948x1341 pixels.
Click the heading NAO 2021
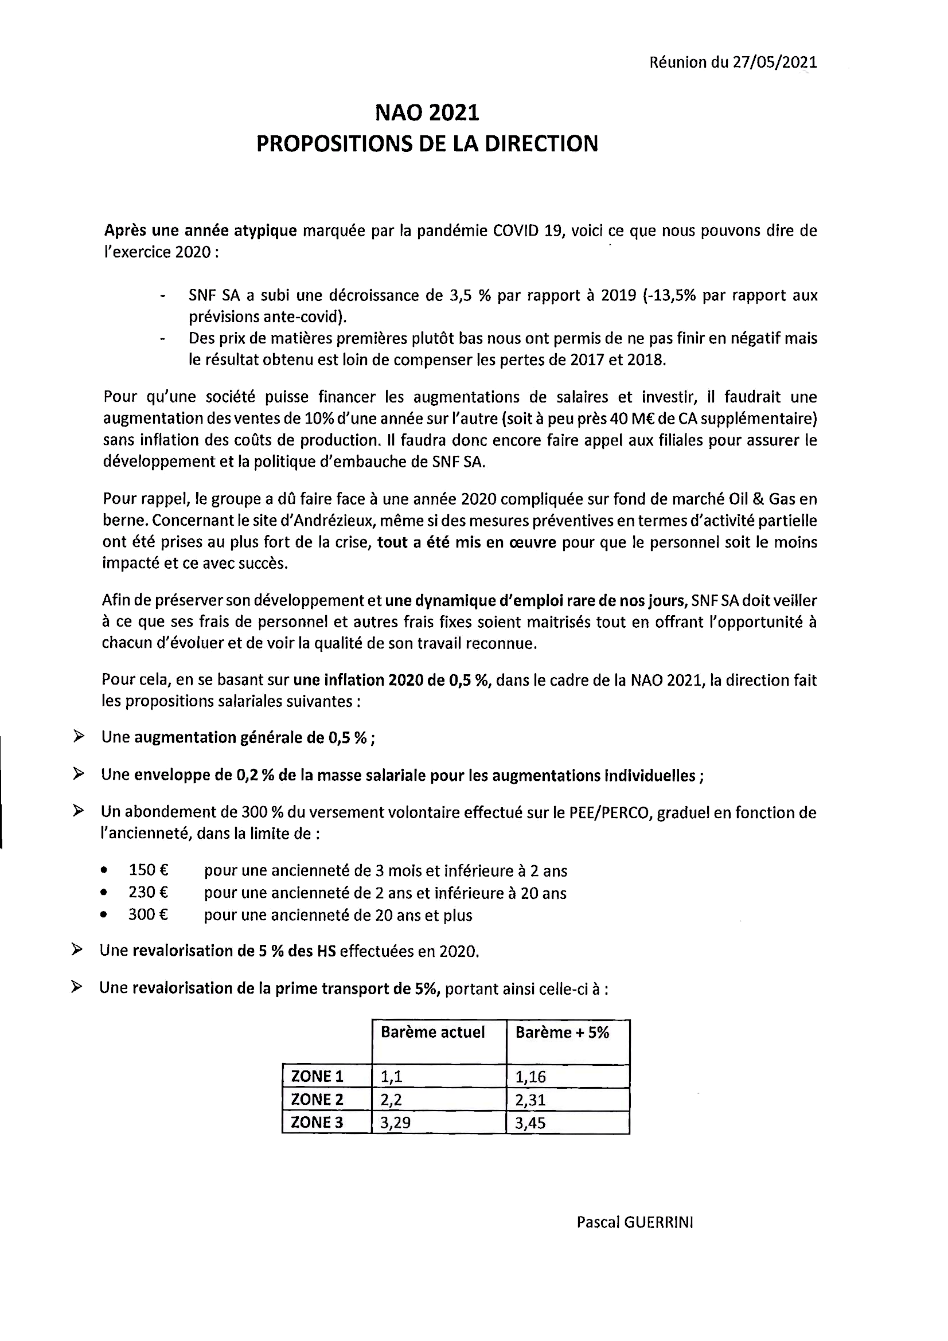pyautogui.click(x=427, y=113)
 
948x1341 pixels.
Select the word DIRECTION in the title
pyautogui.click(x=541, y=144)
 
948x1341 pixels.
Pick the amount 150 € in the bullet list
pyautogui.click(x=149, y=871)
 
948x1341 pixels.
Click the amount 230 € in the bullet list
pyautogui.click(x=149, y=893)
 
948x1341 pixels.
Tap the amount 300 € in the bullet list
pyautogui.click(x=149, y=914)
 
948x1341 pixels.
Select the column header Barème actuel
pyautogui.click(x=433, y=1032)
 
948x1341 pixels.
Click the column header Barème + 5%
pyautogui.click(x=562, y=1032)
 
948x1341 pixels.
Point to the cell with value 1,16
pyautogui.click(x=530, y=1077)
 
